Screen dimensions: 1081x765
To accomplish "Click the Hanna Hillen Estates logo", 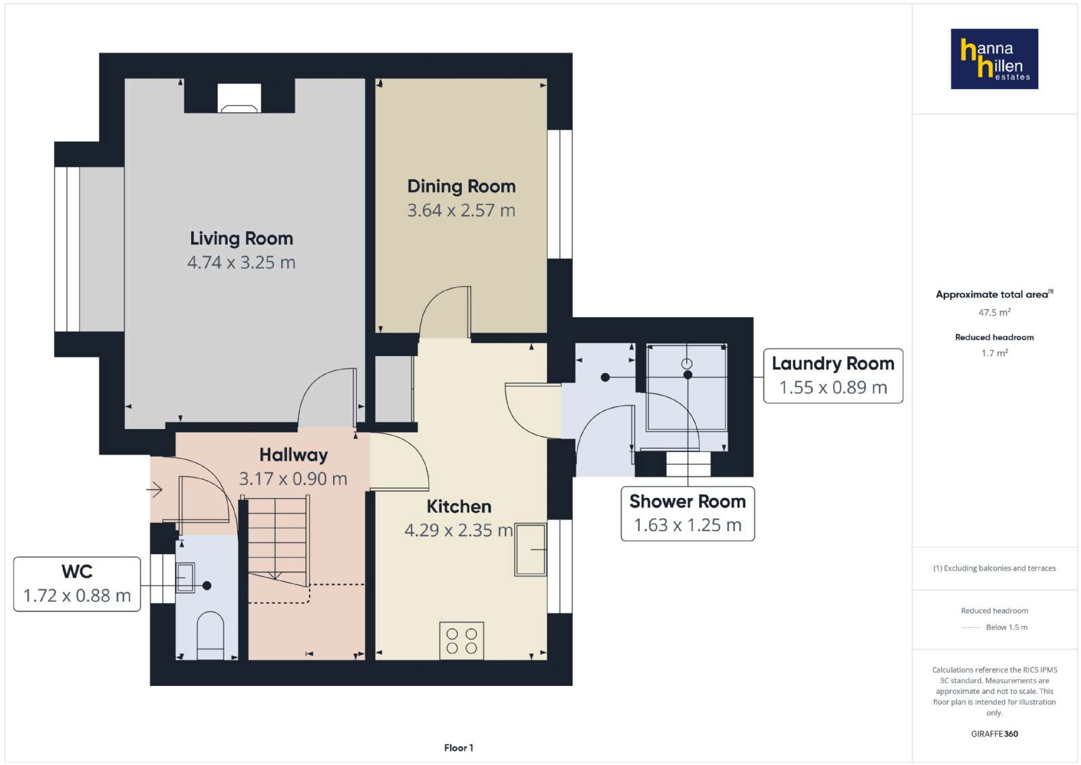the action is (994, 59).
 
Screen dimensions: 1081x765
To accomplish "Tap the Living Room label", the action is (241, 239).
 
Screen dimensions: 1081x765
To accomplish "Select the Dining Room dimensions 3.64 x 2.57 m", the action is (461, 210).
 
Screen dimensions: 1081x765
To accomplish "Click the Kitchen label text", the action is (459, 506).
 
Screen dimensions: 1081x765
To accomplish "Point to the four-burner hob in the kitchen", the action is (461, 641).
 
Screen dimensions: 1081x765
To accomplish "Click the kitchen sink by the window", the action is (530, 549).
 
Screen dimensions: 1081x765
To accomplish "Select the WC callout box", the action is (77, 584).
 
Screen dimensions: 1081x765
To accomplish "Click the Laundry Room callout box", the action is (833, 376).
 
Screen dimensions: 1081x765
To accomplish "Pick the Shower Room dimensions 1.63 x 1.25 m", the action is (688, 525).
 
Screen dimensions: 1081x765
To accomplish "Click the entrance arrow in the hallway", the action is (155, 490).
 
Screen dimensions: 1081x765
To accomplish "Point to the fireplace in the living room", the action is (239, 99).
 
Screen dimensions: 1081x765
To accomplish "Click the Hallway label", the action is (293, 455).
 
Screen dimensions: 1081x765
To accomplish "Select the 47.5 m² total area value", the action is (994, 312).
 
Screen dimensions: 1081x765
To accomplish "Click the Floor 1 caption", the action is (459, 747).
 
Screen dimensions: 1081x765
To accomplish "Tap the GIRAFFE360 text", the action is (994, 734).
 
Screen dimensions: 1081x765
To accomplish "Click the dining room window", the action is (560, 194).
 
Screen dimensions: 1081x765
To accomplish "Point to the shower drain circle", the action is (686, 364).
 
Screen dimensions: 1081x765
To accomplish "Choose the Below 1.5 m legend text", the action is (1007, 627).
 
